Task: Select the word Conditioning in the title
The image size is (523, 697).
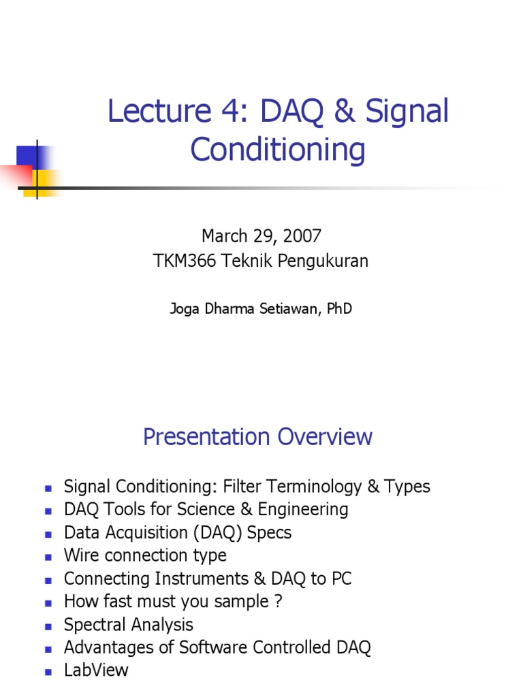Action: (278, 150)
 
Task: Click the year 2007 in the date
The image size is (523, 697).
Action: (301, 236)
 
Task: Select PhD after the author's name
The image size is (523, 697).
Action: (338, 309)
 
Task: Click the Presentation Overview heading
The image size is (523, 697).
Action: (257, 437)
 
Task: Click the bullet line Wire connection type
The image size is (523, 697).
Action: (145, 555)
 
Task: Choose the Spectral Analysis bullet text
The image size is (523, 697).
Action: (128, 625)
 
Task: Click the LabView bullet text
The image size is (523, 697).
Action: (96, 670)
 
